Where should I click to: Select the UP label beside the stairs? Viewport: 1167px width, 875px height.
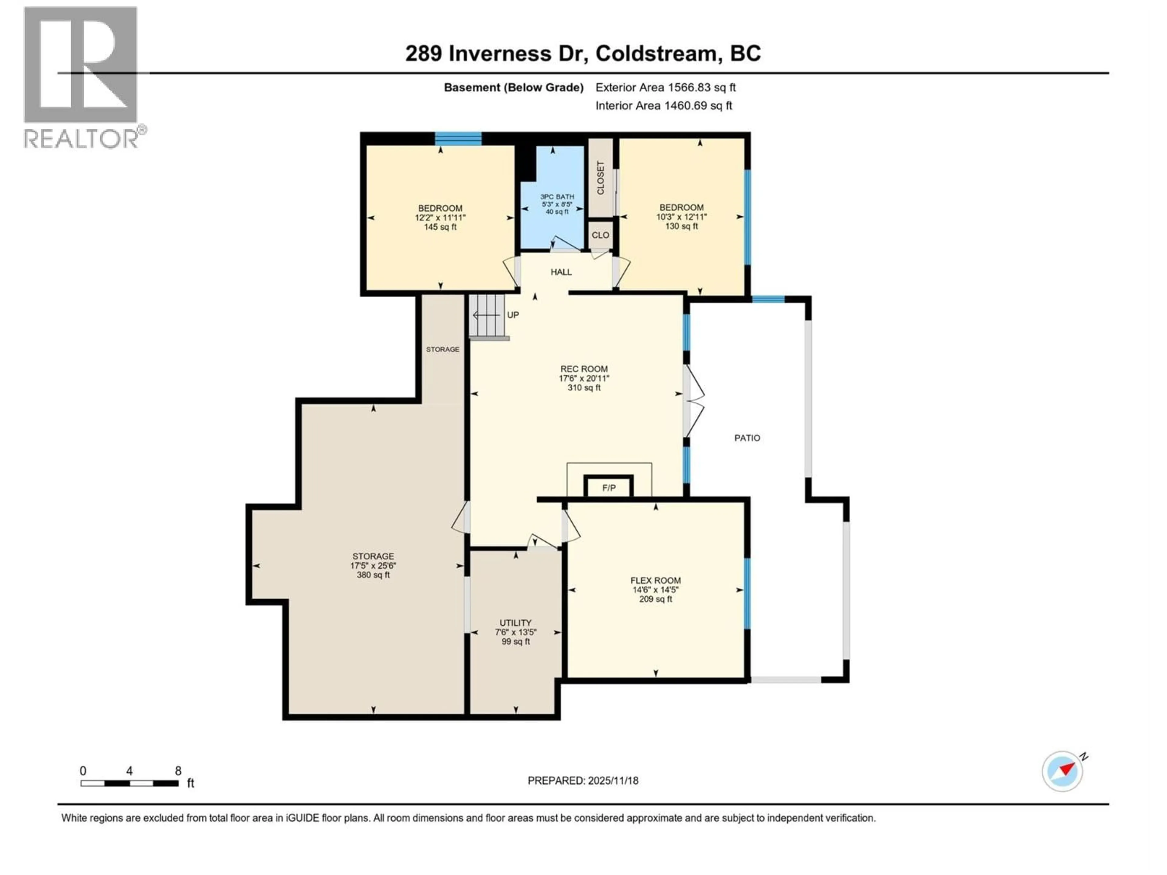click(513, 315)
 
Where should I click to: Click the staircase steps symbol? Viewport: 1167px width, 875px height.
click(487, 315)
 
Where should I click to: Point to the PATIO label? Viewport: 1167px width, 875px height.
click(747, 438)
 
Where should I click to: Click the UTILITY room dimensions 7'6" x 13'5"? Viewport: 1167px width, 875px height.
click(515, 632)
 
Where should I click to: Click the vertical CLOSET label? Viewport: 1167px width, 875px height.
click(601, 178)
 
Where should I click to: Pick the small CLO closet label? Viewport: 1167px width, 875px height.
click(601, 235)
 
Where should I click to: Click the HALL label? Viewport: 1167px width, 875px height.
click(561, 272)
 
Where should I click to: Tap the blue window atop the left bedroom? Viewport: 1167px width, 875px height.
click(458, 139)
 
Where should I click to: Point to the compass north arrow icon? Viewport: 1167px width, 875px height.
click(1062, 771)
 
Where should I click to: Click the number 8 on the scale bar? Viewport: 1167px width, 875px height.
click(178, 770)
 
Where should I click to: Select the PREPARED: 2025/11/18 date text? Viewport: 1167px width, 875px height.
click(583, 781)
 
